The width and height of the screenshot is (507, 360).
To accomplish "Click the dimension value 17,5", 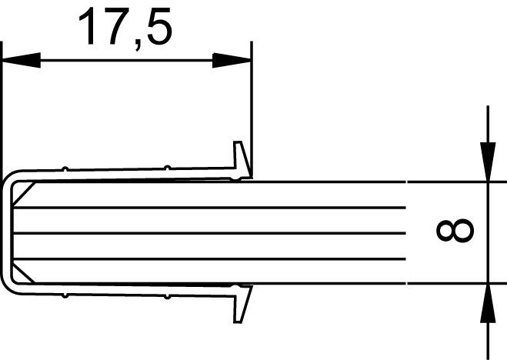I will [125, 28].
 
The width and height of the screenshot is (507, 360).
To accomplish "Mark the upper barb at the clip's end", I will [242, 159].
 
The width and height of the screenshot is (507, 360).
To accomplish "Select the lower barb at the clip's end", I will [242, 304].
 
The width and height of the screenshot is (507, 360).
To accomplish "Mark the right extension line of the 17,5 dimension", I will [252, 100].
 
